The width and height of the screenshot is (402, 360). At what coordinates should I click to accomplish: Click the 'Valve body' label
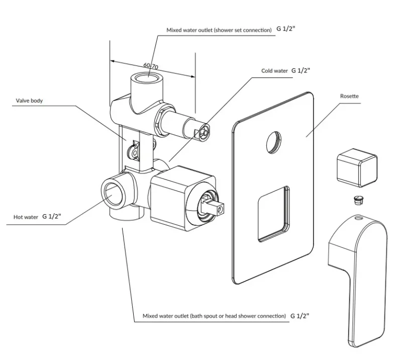pos(29,101)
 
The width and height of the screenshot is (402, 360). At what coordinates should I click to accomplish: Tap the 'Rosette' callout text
pos(349,96)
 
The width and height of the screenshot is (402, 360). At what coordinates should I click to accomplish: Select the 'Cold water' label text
pos(274,71)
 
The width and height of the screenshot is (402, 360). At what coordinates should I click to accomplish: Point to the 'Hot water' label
pos(26,217)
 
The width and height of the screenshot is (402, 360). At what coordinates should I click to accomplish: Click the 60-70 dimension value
pos(151,66)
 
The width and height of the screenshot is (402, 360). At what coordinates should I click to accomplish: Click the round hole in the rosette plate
pos(273,143)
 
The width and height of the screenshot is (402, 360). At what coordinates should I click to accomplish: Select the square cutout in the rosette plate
pos(273,214)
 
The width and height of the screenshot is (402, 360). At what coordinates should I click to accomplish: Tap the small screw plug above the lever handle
pos(358,200)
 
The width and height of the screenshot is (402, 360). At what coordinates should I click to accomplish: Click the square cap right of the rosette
pos(357,167)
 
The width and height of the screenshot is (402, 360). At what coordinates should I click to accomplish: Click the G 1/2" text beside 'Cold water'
pos(300,70)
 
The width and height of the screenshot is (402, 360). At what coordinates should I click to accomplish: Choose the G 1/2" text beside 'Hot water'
pos(52,216)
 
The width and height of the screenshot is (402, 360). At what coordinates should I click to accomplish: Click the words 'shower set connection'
pos(243,30)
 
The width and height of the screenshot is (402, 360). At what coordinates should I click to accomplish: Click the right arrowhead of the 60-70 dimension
pos(192,76)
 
